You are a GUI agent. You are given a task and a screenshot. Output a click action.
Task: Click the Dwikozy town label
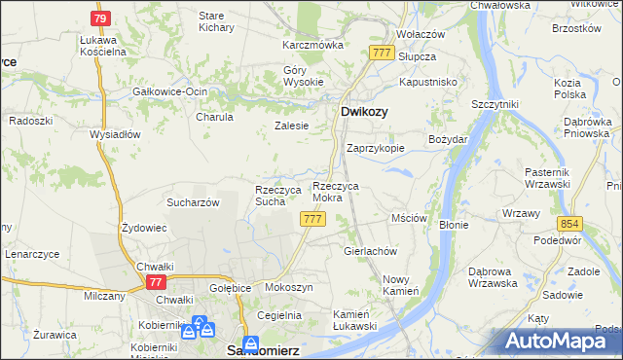click(x=364, y=112)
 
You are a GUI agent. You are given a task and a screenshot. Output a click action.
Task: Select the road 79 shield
click(x=100, y=18)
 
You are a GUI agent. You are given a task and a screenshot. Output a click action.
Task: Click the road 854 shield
click(x=569, y=223)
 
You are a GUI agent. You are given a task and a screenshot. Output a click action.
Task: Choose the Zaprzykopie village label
click(x=375, y=149)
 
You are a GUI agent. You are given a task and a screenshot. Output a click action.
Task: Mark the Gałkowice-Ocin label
click(x=170, y=91)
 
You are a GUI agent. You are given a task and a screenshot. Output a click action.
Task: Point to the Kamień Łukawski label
click(x=354, y=320)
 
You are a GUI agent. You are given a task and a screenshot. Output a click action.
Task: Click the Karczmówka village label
click(x=313, y=45)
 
